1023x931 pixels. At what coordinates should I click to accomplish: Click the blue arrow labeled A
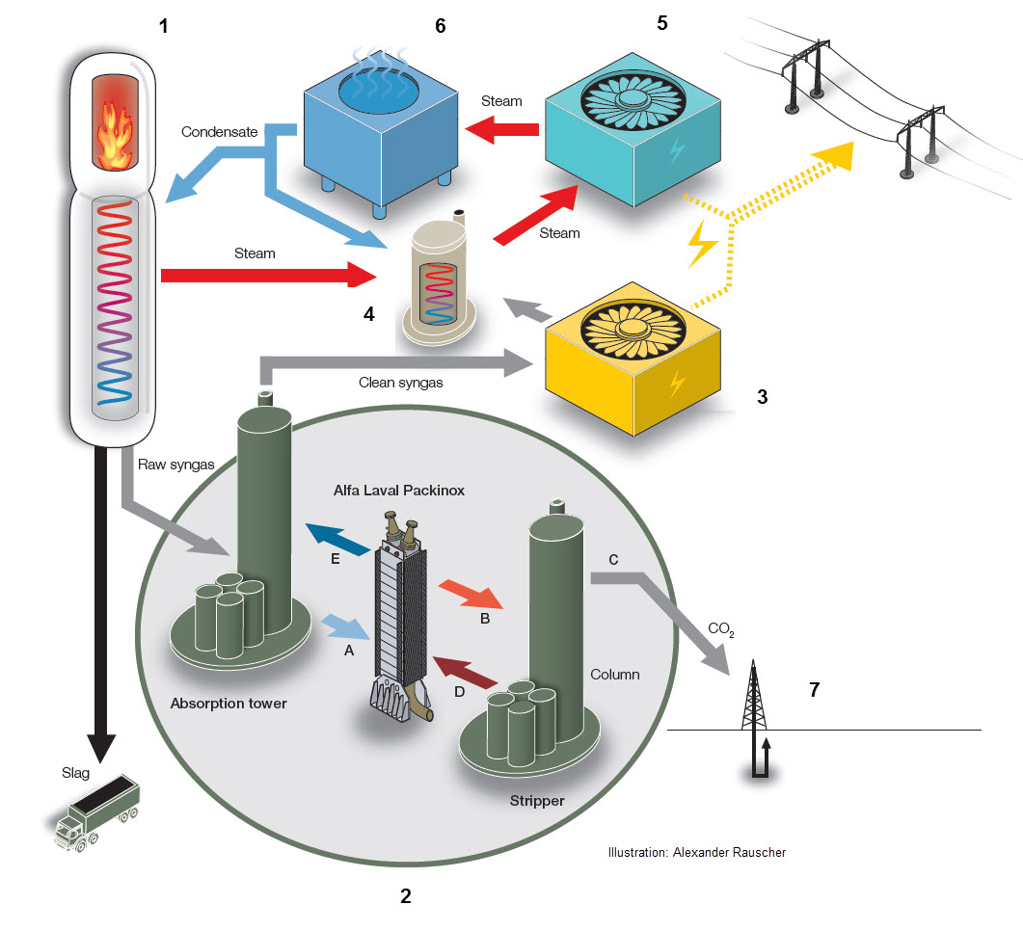(x=346, y=627)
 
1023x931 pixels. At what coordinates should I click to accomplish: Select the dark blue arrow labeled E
(x=336, y=539)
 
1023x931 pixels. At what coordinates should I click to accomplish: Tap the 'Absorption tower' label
(x=229, y=703)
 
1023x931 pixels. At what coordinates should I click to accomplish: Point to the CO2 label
(x=721, y=629)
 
